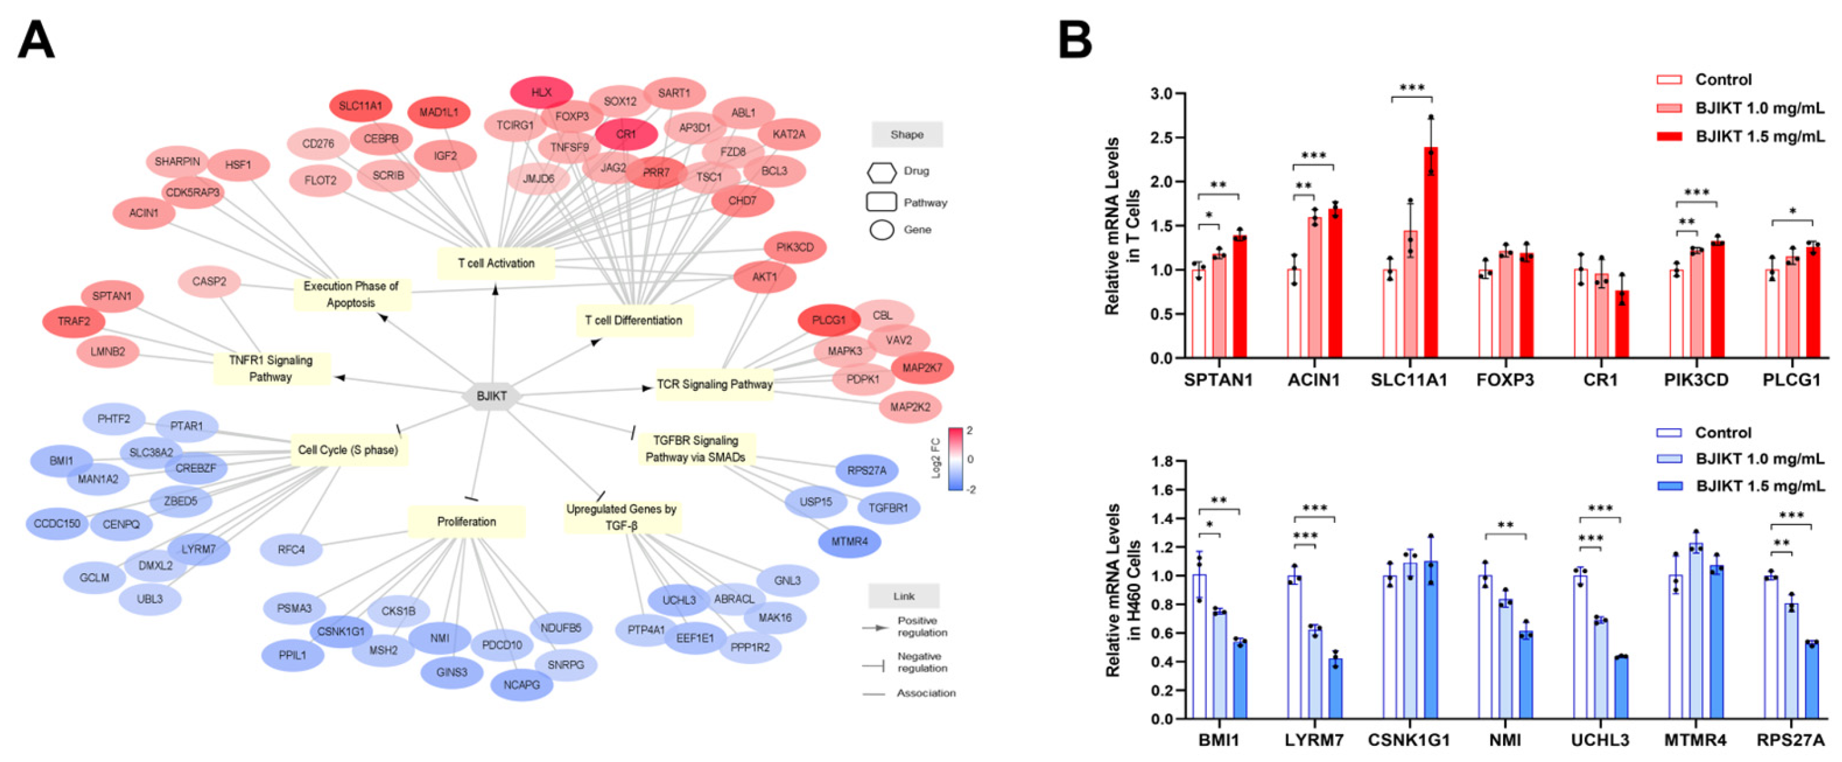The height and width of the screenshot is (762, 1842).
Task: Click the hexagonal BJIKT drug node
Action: click(x=492, y=396)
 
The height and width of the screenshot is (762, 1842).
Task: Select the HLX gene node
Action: click(x=542, y=93)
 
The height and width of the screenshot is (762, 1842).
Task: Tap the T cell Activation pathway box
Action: click(x=496, y=263)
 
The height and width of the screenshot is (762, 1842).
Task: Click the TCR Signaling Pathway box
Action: click(x=714, y=384)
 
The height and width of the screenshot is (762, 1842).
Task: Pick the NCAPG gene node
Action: click(x=521, y=685)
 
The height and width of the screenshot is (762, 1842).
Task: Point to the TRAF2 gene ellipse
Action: click(x=74, y=322)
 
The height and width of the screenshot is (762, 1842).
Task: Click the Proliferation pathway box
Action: click(x=466, y=522)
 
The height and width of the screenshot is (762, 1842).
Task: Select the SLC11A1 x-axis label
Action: click(x=1409, y=380)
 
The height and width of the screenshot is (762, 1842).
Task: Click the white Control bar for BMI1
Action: click(x=1199, y=646)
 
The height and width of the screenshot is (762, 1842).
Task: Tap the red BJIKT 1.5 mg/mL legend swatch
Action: click(x=1669, y=136)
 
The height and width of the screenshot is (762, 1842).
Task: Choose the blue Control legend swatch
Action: click(x=1669, y=433)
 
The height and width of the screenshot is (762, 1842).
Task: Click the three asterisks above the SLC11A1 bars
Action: click(x=1411, y=89)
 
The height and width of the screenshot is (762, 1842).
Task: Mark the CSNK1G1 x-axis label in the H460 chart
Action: click(x=1409, y=740)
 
